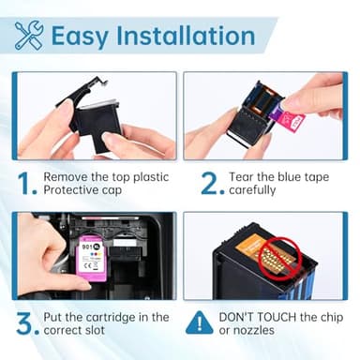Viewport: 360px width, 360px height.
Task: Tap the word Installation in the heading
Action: [188, 37]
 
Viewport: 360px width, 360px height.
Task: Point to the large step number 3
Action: [27, 323]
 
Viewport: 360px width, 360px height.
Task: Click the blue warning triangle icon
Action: [199, 323]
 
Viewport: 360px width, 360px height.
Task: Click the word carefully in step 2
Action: [268, 192]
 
